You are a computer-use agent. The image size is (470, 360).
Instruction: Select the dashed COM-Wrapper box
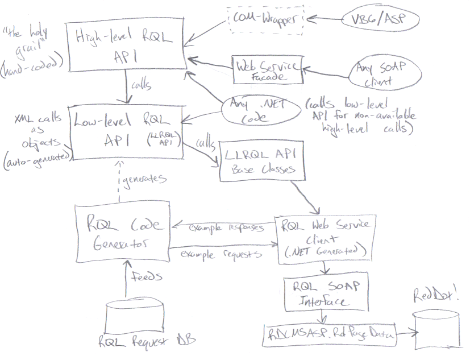268,19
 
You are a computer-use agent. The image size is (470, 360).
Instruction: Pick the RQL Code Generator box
123,234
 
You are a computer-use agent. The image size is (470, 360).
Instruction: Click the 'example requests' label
222,254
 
